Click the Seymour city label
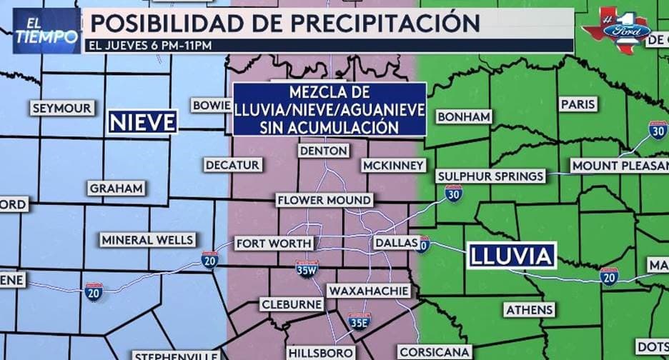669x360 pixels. (x=61, y=109)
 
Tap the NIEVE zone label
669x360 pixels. (x=142, y=122)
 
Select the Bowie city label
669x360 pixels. (x=211, y=105)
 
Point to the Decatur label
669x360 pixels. (x=232, y=164)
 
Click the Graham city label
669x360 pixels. (x=117, y=189)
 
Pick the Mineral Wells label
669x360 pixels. (x=147, y=240)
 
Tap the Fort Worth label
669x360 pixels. (x=273, y=244)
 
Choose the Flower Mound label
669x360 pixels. (x=324, y=200)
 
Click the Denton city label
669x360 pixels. (x=324, y=151)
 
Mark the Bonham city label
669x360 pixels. (x=464, y=116)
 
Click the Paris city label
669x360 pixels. (x=578, y=104)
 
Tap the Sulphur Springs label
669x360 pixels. (x=491, y=176)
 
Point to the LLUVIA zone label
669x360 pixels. (x=511, y=255)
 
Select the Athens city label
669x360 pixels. (x=529, y=309)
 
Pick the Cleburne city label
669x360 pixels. (x=291, y=304)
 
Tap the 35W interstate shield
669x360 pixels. (x=307, y=269)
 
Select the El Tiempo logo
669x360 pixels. (x=46, y=30)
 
